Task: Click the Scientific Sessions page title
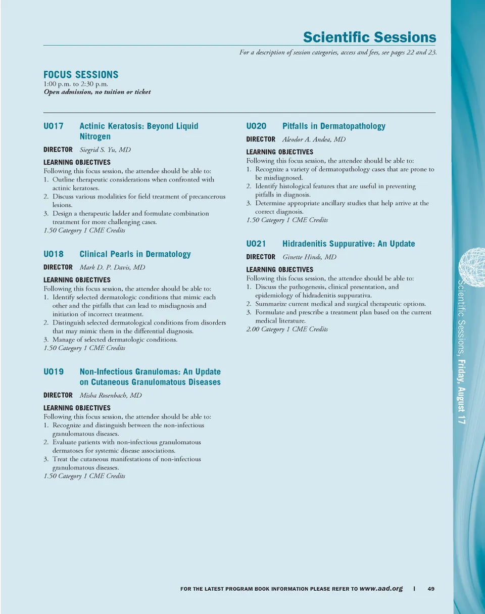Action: pos(369,37)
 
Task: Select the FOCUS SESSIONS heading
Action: pos(81,75)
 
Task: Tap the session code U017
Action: pos(54,126)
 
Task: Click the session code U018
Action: pos(54,254)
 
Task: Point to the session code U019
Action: pos(54,371)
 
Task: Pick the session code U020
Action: pos(256,126)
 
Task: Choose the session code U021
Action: pos(256,244)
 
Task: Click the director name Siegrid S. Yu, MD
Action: pos(105,150)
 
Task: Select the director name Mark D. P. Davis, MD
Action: pos(109,267)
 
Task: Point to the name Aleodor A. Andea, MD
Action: pos(314,139)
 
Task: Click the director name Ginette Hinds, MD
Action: pos(309,257)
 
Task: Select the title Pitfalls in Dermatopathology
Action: pos(333,126)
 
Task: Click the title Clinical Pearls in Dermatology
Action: pos(135,254)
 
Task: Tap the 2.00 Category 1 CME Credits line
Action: pos(287,329)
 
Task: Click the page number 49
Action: pos(431,588)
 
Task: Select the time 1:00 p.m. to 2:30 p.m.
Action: pos(76,84)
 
